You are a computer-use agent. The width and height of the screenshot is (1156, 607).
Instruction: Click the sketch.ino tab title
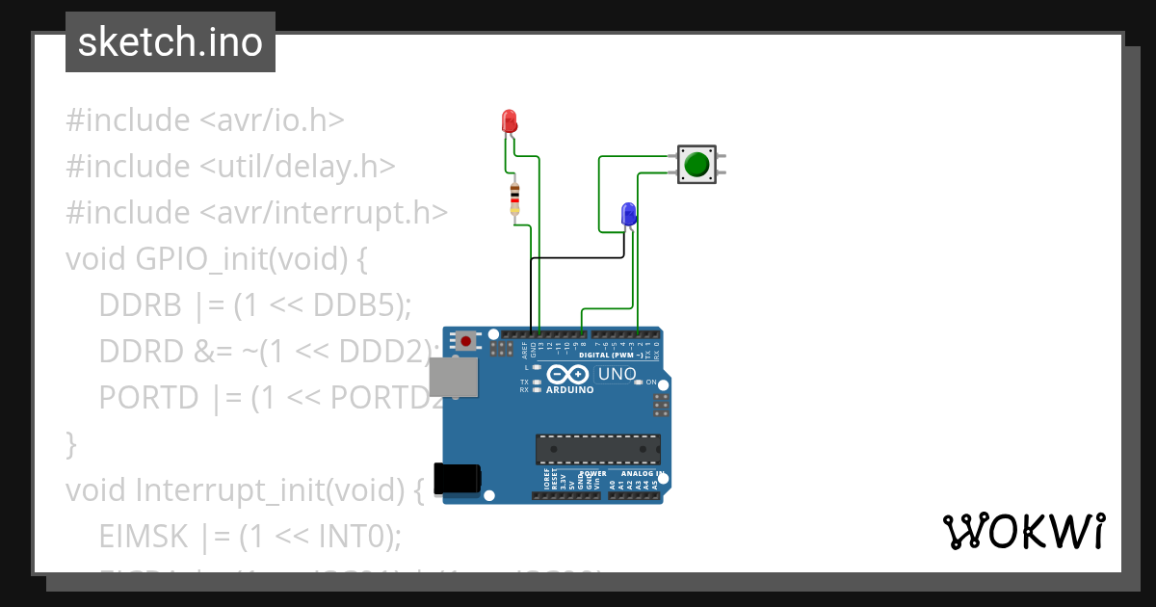(x=171, y=42)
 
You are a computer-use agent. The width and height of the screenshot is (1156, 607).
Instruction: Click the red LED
(x=510, y=120)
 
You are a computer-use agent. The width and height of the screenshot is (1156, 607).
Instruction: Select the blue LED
(x=628, y=213)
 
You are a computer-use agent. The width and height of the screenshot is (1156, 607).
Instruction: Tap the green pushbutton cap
(x=696, y=165)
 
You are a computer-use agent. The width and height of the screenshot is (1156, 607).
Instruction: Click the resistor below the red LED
(x=514, y=198)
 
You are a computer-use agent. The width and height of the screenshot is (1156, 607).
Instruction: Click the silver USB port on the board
(x=453, y=377)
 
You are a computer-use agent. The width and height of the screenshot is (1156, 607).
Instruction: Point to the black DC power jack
(x=457, y=479)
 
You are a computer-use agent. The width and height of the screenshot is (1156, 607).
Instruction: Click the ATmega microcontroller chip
(x=598, y=449)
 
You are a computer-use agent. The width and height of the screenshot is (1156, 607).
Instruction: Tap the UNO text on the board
(x=617, y=374)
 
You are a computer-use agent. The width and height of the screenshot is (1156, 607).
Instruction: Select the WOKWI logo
(x=1023, y=531)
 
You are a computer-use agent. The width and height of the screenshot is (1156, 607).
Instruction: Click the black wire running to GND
(x=578, y=258)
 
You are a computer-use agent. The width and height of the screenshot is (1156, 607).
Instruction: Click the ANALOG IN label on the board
(x=640, y=473)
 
